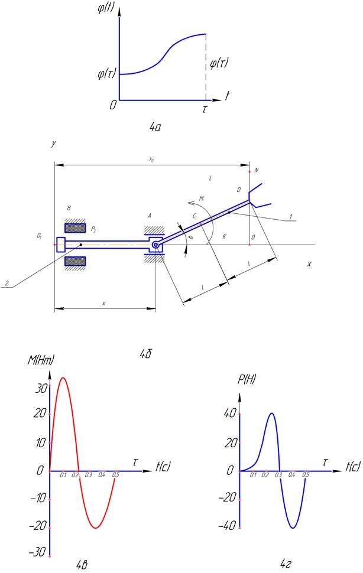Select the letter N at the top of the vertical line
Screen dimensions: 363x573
257,171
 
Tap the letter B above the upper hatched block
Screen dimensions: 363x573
69,209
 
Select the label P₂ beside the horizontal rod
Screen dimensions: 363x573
93,228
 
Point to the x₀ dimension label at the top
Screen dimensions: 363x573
152,159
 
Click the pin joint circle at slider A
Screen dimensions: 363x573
155,245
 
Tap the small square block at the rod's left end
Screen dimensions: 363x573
60,245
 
